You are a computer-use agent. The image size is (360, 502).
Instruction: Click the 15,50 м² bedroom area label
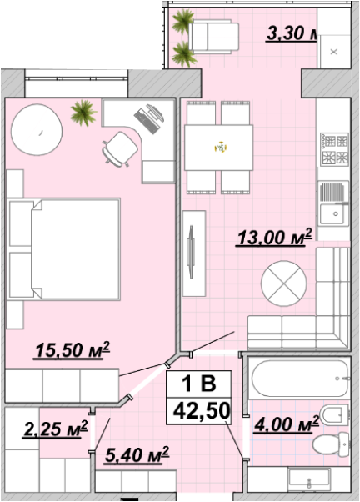coord(72,350)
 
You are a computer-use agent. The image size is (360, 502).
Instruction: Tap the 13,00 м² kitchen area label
coord(274,238)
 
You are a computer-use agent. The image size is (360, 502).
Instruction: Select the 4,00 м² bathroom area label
coord(286,424)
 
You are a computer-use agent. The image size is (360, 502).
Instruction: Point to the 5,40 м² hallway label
coord(137,455)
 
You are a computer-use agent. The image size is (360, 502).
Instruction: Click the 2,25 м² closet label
coord(55,429)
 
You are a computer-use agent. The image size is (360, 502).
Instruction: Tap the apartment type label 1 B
coord(198,384)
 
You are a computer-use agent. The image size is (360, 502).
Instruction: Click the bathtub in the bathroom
coord(299,379)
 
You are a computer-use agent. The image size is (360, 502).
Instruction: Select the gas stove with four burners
coord(334,149)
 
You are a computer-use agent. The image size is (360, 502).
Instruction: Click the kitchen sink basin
coord(332,213)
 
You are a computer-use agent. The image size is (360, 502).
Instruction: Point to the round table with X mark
coord(284,284)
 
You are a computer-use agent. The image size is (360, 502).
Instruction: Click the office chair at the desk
coord(119,149)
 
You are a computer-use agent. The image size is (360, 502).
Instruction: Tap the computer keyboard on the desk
coord(147,122)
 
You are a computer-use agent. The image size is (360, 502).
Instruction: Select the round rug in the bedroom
coord(37,129)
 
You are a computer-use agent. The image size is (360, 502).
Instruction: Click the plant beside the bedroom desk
coord(83,113)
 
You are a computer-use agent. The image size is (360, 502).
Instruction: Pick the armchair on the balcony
coord(214,37)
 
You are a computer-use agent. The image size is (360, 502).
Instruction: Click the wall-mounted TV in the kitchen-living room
coord(191,252)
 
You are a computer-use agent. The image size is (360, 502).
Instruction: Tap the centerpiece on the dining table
coord(221,148)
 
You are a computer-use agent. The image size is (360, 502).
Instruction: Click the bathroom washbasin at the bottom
coord(309,480)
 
